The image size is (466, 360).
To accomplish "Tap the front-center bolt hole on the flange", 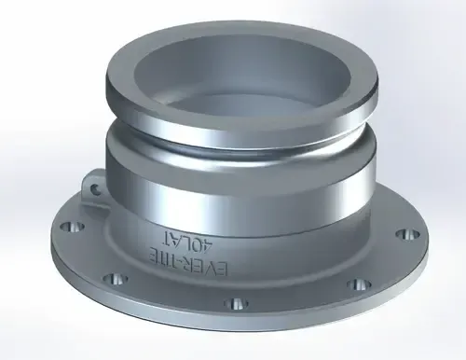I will (235, 303).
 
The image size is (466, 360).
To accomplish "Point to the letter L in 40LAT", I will (186, 238).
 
